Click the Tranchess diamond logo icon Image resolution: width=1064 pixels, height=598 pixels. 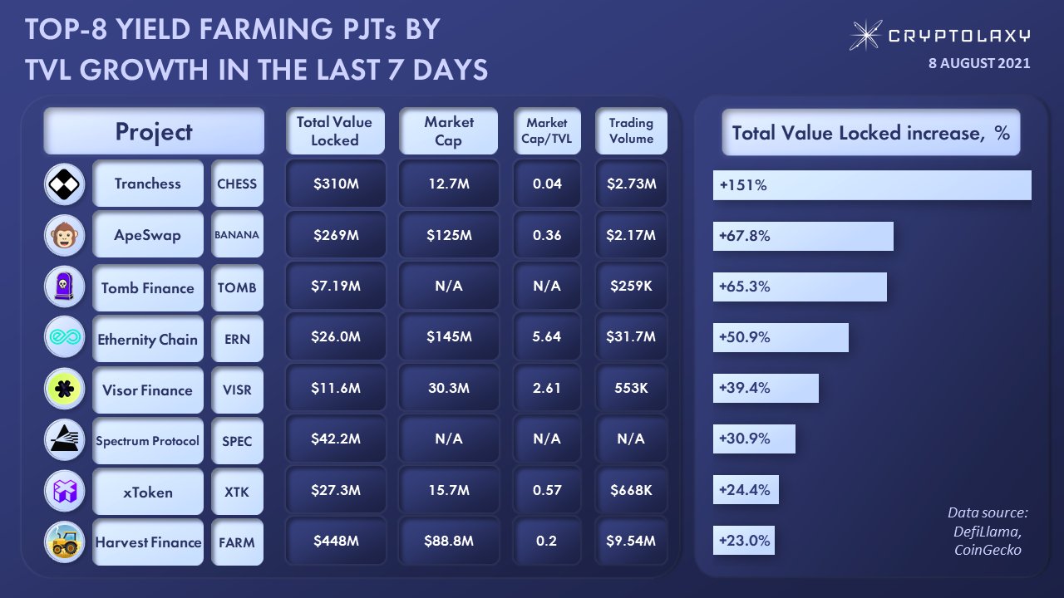(64, 184)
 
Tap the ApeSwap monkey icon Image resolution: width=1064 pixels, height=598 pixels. (64, 236)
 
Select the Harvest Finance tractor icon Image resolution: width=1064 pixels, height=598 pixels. (64, 542)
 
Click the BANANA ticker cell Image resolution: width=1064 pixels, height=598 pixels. (237, 235)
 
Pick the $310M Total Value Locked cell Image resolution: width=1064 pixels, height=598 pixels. (336, 184)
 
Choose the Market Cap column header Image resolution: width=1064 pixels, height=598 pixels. (448, 131)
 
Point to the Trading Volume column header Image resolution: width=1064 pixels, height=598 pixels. (631, 131)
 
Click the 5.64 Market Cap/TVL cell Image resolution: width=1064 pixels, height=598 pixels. (548, 337)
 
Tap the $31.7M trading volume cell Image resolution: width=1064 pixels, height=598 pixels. (631, 337)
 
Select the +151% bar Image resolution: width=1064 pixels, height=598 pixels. (871, 185)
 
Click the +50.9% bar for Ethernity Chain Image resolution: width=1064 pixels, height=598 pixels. (780, 337)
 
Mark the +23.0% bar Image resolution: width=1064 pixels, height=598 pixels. (743, 541)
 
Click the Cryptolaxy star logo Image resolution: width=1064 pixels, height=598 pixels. (866, 35)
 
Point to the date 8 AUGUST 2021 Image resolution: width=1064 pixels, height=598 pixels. (979, 63)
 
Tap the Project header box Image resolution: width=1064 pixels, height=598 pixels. (154, 131)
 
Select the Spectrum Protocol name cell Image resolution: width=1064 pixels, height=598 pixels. (148, 440)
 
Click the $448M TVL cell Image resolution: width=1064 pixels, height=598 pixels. (336, 542)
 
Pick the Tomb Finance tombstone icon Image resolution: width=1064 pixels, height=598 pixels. (64, 287)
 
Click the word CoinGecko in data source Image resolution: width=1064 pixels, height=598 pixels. (988, 549)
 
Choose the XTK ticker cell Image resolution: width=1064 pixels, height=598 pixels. (237, 491)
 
